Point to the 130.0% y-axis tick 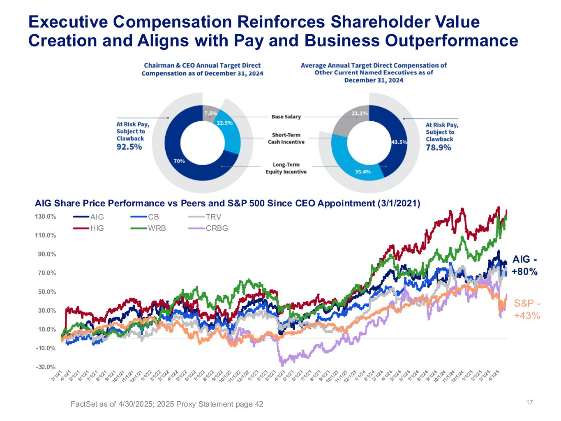(45, 217)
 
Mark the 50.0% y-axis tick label (46, 292)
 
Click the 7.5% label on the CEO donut (210, 113)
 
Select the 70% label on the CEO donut (179, 161)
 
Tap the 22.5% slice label (224, 123)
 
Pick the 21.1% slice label (360, 113)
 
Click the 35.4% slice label (363, 171)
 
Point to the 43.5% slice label (399, 142)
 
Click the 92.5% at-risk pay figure (129, 147)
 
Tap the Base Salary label (286, 117)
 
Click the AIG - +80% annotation (525, 266)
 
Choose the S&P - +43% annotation (527, 310)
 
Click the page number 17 (529, 402)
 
